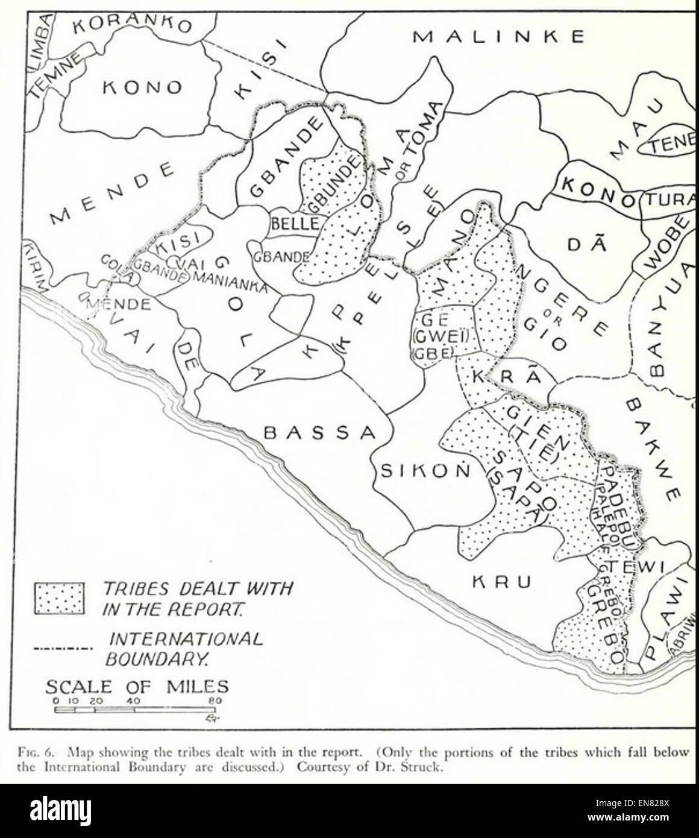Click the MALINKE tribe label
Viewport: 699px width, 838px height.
point(498,37)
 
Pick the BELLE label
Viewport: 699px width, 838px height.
point(295,224)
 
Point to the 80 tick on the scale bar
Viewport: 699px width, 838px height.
point(215,701)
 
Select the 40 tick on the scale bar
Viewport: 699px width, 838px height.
point(134,701)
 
